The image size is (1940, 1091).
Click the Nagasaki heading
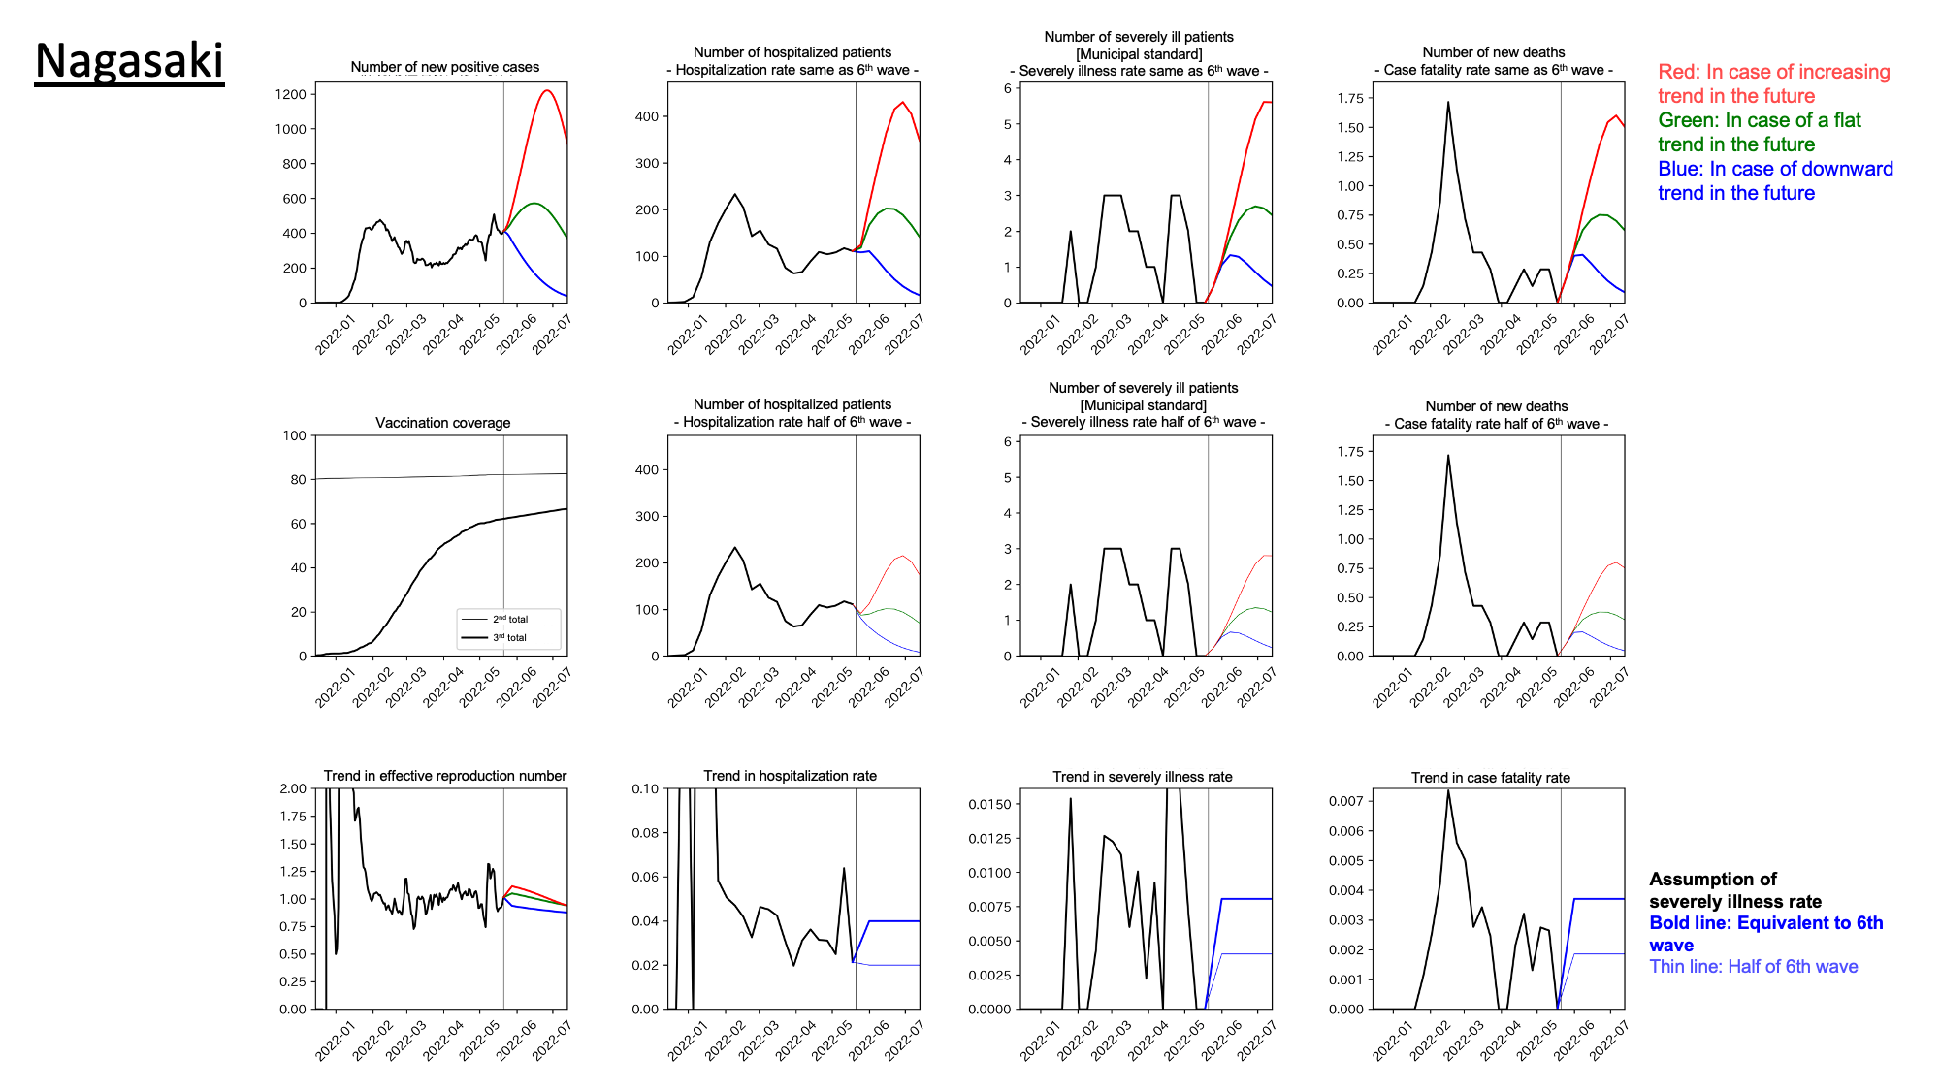pyautogui.click(x=129, y=61)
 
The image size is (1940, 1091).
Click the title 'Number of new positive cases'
pyautogui.click(x=444, y=67)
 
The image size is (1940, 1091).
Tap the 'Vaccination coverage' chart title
pyautogui.click(x=442, y=423)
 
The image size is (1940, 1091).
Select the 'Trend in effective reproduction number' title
pyautogui.click(x=444, y=776)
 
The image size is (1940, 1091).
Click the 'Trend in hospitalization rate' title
pyautogui.click(x=790, y=776)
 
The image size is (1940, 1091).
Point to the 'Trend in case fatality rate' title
pyautogui.click(x=1490, y=778)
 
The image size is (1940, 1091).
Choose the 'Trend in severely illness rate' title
pyautogui.click(x=1142, y=777)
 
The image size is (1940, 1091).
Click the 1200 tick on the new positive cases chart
pyautogui.click(x=290, y=94)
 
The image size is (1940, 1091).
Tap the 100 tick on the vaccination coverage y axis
pyautogui.click(x=294, y=435)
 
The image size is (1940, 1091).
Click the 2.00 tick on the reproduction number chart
pyautogui.click(x=292, y=788)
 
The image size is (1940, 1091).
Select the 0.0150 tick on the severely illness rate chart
pyautogui.click(x=989, y=804)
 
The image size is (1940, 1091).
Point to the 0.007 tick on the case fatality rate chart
pyautogui.click(x=1345, y=801)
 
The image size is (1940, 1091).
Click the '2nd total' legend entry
pyautogui.click(x=509, y=619)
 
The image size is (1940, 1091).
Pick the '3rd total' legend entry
pyautogui.click(x=509, y=637)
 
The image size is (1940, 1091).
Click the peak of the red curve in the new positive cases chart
pyautogui.click(x=547, y=91)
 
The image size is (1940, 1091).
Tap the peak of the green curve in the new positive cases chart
pyautogui.click(x=533, y=204)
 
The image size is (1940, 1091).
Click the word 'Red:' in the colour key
pyautogui.click(x=1678, y=72)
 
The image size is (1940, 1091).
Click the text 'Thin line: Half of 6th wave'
pyautogui.click(x=1753, y=967)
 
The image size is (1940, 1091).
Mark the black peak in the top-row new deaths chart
pyautogui.click(x=1448, y=103)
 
